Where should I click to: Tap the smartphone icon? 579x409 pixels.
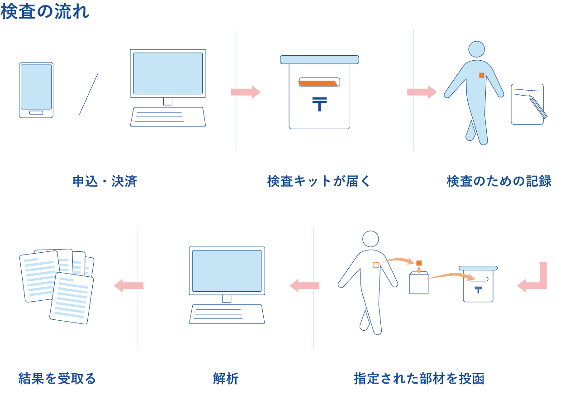coord(36,90)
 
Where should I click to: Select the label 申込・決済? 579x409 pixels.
coord(105,182)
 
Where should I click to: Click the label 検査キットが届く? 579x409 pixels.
coord(319,182)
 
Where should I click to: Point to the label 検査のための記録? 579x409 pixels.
coord(499,182)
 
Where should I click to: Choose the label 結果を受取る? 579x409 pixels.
coord(57,379)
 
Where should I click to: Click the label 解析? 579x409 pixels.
coord(226,379)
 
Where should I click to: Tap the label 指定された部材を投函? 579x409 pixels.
coord(419,379)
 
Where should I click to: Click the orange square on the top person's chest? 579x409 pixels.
coord(482,75)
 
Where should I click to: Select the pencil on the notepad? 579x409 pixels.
coord(538,107)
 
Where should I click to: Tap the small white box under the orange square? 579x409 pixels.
coord(419,284)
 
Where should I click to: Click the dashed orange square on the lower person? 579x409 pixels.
coord(375,265)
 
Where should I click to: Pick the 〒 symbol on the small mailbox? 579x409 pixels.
coord(478,290)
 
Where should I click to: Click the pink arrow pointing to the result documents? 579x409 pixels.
coord(129,286)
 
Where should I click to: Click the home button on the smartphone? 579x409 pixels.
coord(36,113)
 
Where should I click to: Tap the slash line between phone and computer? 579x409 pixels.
coord(89,94)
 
